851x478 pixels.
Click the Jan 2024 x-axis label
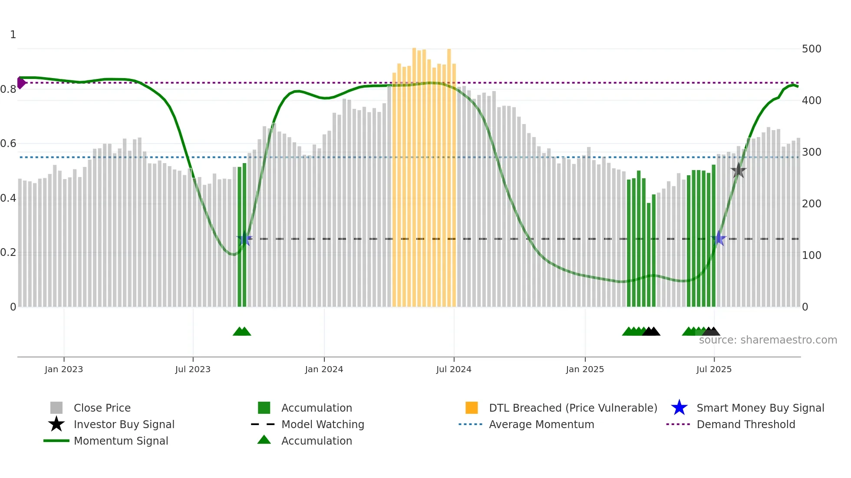click(324, 369)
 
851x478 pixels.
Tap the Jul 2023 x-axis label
click(193, 369)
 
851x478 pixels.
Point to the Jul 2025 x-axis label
click(714, 369)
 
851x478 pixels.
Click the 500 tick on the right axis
click(811, 49)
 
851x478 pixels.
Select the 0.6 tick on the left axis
click(8, 144)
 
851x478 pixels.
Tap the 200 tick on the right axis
click(811, 203)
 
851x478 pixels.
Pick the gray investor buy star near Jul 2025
click(738, 170)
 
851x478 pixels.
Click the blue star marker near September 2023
click(244, 239)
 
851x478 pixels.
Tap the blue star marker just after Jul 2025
click(719, 238)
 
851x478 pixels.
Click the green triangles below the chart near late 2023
click(242, 331)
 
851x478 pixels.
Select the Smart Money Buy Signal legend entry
click(760, 408)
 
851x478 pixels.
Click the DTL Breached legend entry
click(573, 408)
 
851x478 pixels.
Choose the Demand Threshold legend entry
click(745, 424)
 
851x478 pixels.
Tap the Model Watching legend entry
click(322, 424)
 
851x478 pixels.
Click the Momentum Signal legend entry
click(121, 441)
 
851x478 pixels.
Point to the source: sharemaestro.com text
click(768, 340)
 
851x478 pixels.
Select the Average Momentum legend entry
click(541, 424)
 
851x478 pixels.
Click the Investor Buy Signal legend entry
click(124, 424)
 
